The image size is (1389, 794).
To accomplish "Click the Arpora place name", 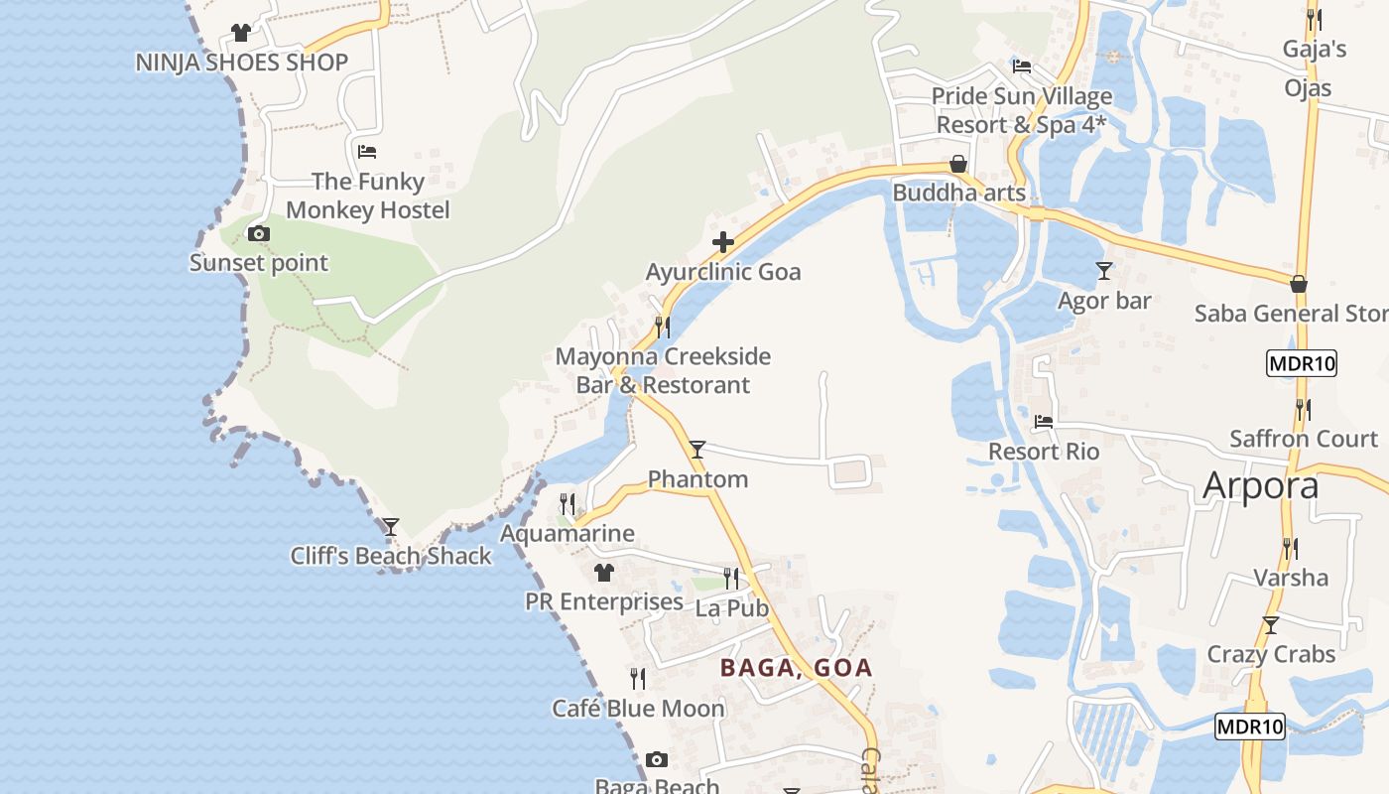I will coord(1260,485).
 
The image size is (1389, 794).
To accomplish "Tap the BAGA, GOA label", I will coord(796,668).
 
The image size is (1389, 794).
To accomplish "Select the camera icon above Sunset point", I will coord(259,234).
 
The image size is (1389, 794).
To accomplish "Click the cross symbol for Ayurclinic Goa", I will coord(723,241).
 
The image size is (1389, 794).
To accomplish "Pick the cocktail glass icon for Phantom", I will coord(697,450).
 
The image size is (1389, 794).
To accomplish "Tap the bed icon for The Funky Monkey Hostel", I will coord(367,152).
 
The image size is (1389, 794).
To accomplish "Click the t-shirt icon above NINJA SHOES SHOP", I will coord(241,33).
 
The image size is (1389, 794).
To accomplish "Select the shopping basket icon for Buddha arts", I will coord(958,164).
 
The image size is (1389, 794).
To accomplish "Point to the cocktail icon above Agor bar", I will coord(1104,270).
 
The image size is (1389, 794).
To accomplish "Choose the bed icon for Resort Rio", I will coord(1044,422).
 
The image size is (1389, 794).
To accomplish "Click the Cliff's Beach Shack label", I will coord(391,556).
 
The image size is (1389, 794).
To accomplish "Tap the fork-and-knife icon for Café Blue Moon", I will coord(638,679).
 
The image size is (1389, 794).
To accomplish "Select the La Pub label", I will coord(732,608).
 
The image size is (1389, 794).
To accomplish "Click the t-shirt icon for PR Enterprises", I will coord(604,573).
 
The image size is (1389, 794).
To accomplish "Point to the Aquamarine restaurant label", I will coord(567,533).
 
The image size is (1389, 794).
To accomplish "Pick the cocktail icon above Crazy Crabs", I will coord(1270,625).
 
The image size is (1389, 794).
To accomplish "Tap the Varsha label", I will coord(1290,578).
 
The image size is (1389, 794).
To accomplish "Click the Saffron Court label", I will coord(1304,439).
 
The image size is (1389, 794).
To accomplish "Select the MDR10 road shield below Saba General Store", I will coord(1302,363).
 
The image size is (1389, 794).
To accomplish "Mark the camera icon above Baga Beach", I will coord(657,760).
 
